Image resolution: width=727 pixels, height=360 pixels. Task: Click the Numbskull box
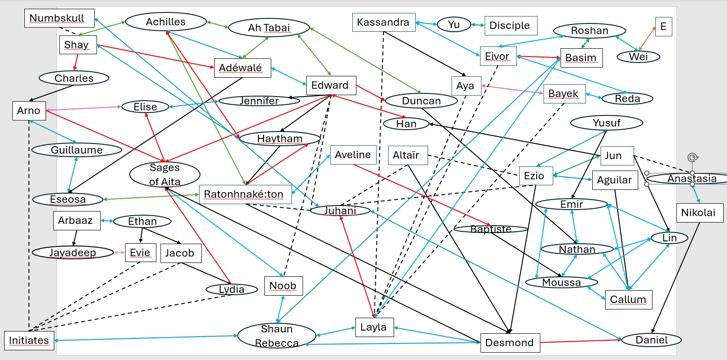point(59,18)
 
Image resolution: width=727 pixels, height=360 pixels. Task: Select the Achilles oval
point(166,22)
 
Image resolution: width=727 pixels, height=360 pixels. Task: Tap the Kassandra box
point(384,22)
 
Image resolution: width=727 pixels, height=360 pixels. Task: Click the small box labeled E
point(663,26)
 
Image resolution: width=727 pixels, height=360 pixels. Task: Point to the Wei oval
point(638,57)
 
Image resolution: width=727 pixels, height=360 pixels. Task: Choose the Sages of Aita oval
point(165,175)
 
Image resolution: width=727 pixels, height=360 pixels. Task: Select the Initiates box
point(29,340)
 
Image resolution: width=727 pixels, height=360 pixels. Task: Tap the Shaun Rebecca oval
point(276,336)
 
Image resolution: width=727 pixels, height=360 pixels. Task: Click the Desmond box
point(509,343)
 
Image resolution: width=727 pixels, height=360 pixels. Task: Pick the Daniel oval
point(651,340)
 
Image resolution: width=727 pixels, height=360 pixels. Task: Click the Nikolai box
point(698,212)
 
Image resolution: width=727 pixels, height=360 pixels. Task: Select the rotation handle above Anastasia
point(693,158)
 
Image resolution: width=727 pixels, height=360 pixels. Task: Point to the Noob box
point(283,286)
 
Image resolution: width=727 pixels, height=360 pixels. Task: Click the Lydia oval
point(231,290)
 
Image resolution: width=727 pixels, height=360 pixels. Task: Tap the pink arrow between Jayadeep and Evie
point(120,252)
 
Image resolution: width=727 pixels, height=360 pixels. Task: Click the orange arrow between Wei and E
point(647,38)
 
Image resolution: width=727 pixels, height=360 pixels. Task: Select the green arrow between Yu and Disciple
point(478,25)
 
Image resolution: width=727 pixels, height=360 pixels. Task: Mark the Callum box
point(628,300)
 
